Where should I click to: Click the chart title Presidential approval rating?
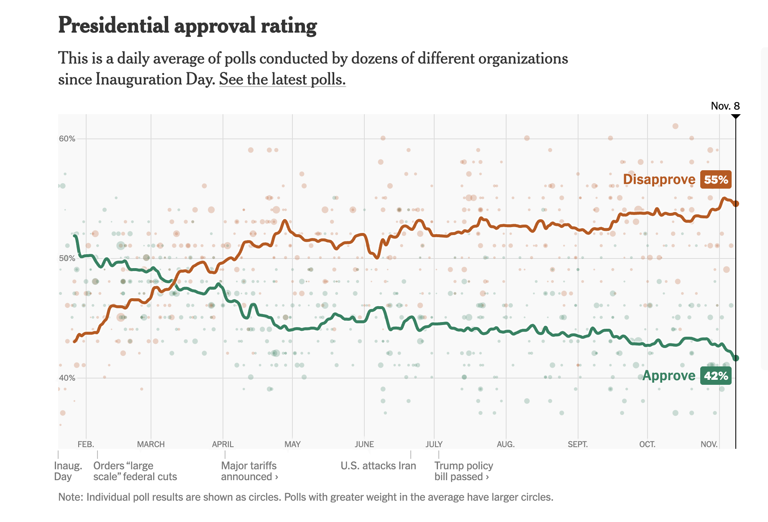(187, 26)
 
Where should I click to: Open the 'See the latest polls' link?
(282, 79)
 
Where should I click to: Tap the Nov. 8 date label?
(725, 106)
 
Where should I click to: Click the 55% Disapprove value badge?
(716, 179)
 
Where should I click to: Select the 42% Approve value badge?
(716, 376)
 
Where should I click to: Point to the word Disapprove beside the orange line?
(659, 179)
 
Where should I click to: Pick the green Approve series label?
(668, 376)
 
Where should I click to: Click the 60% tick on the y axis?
(67, 139)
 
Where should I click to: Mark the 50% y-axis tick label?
(67, 258)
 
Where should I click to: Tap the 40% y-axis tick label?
(67, 378)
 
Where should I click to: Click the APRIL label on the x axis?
(223, 444)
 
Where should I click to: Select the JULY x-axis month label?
(434, 444)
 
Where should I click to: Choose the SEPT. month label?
(577, 444)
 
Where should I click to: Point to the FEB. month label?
(86, 444)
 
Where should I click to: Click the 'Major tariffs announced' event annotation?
(249, 471)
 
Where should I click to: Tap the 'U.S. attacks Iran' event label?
(378, 466)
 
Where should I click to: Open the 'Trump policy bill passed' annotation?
(463, 471)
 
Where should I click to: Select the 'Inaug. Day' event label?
(68, 471)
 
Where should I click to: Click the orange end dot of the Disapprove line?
(736, 204)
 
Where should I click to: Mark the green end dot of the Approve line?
(736, 358)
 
